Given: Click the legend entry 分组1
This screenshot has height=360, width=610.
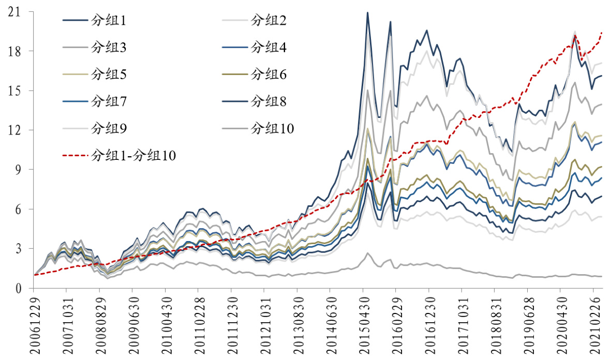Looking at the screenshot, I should click(x=109, y=21).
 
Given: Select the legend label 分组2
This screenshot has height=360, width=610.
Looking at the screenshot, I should click(x=269, y=21).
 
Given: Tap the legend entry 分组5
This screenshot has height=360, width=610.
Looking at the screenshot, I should click(x=109, y=74).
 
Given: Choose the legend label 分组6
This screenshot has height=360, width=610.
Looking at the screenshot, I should click(x=269, y=74).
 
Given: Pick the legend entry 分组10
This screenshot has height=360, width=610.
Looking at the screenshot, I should click(x=272, y=128).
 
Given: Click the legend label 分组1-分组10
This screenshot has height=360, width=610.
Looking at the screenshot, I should click(x=133, y=155).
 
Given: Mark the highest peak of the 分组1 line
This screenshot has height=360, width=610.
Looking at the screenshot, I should click(x=367, y=12).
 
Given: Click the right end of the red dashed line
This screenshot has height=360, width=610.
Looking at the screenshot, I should click(x=602, y=33).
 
